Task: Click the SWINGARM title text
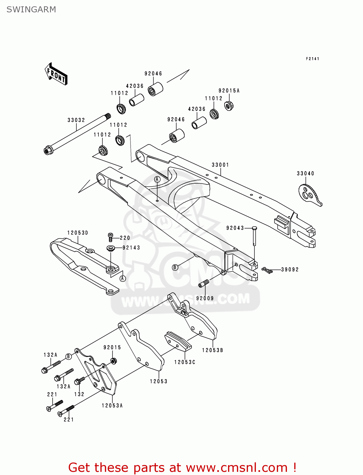[x=31, y=9]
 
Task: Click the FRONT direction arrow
[x=56, y=74]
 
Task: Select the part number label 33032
[x=76, y=120]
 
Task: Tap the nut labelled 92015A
[x=229, y=105]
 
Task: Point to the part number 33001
[x=220, y=165]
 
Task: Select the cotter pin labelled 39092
[x=267, y=270]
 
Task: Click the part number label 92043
[x=235, y=228]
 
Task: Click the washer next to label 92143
[x=111, y=248]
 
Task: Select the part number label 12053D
[x=78, y=233]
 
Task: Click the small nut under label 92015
[x=113, y=361]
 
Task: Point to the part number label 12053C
[x=185, y=362]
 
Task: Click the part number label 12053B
[x=213, y=350]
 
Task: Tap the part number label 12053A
[x=112, y=405]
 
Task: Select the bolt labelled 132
[x=79, y=381]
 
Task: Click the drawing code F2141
[x=312, y=59]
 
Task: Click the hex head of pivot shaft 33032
[x=48, y=150]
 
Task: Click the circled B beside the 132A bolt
[x=68, y=357]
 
